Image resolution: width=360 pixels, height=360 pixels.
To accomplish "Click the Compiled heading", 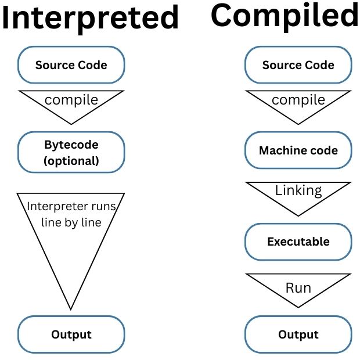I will tap(285, 16).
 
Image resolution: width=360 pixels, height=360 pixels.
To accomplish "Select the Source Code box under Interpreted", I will tap(71, 64).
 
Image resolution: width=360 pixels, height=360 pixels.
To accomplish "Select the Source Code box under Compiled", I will tap(298, 64).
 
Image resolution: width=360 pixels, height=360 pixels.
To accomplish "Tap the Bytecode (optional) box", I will tap(71, 153).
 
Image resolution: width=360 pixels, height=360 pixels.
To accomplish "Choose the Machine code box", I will tap(298, 150).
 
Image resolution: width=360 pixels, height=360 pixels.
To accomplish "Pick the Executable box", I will tap(298, 241).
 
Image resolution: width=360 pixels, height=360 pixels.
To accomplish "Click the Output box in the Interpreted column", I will tap(71, 334).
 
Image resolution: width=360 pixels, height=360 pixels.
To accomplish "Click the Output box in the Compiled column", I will tap(298, 334).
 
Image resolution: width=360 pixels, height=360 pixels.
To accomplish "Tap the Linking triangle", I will tap(298, 193).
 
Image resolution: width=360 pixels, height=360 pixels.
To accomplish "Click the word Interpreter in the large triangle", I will tap(54, 206).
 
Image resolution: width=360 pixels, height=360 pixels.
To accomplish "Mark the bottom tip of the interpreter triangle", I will tap(71, 308).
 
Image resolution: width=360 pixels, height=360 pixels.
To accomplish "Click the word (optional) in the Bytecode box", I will tap(71, 161).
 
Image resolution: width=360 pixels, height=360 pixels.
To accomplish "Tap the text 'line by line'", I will tap(71, 222).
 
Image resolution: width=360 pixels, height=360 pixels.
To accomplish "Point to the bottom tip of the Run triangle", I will tap(298, 307).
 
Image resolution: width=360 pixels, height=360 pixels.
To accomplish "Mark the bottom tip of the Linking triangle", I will tap(298, 215).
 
